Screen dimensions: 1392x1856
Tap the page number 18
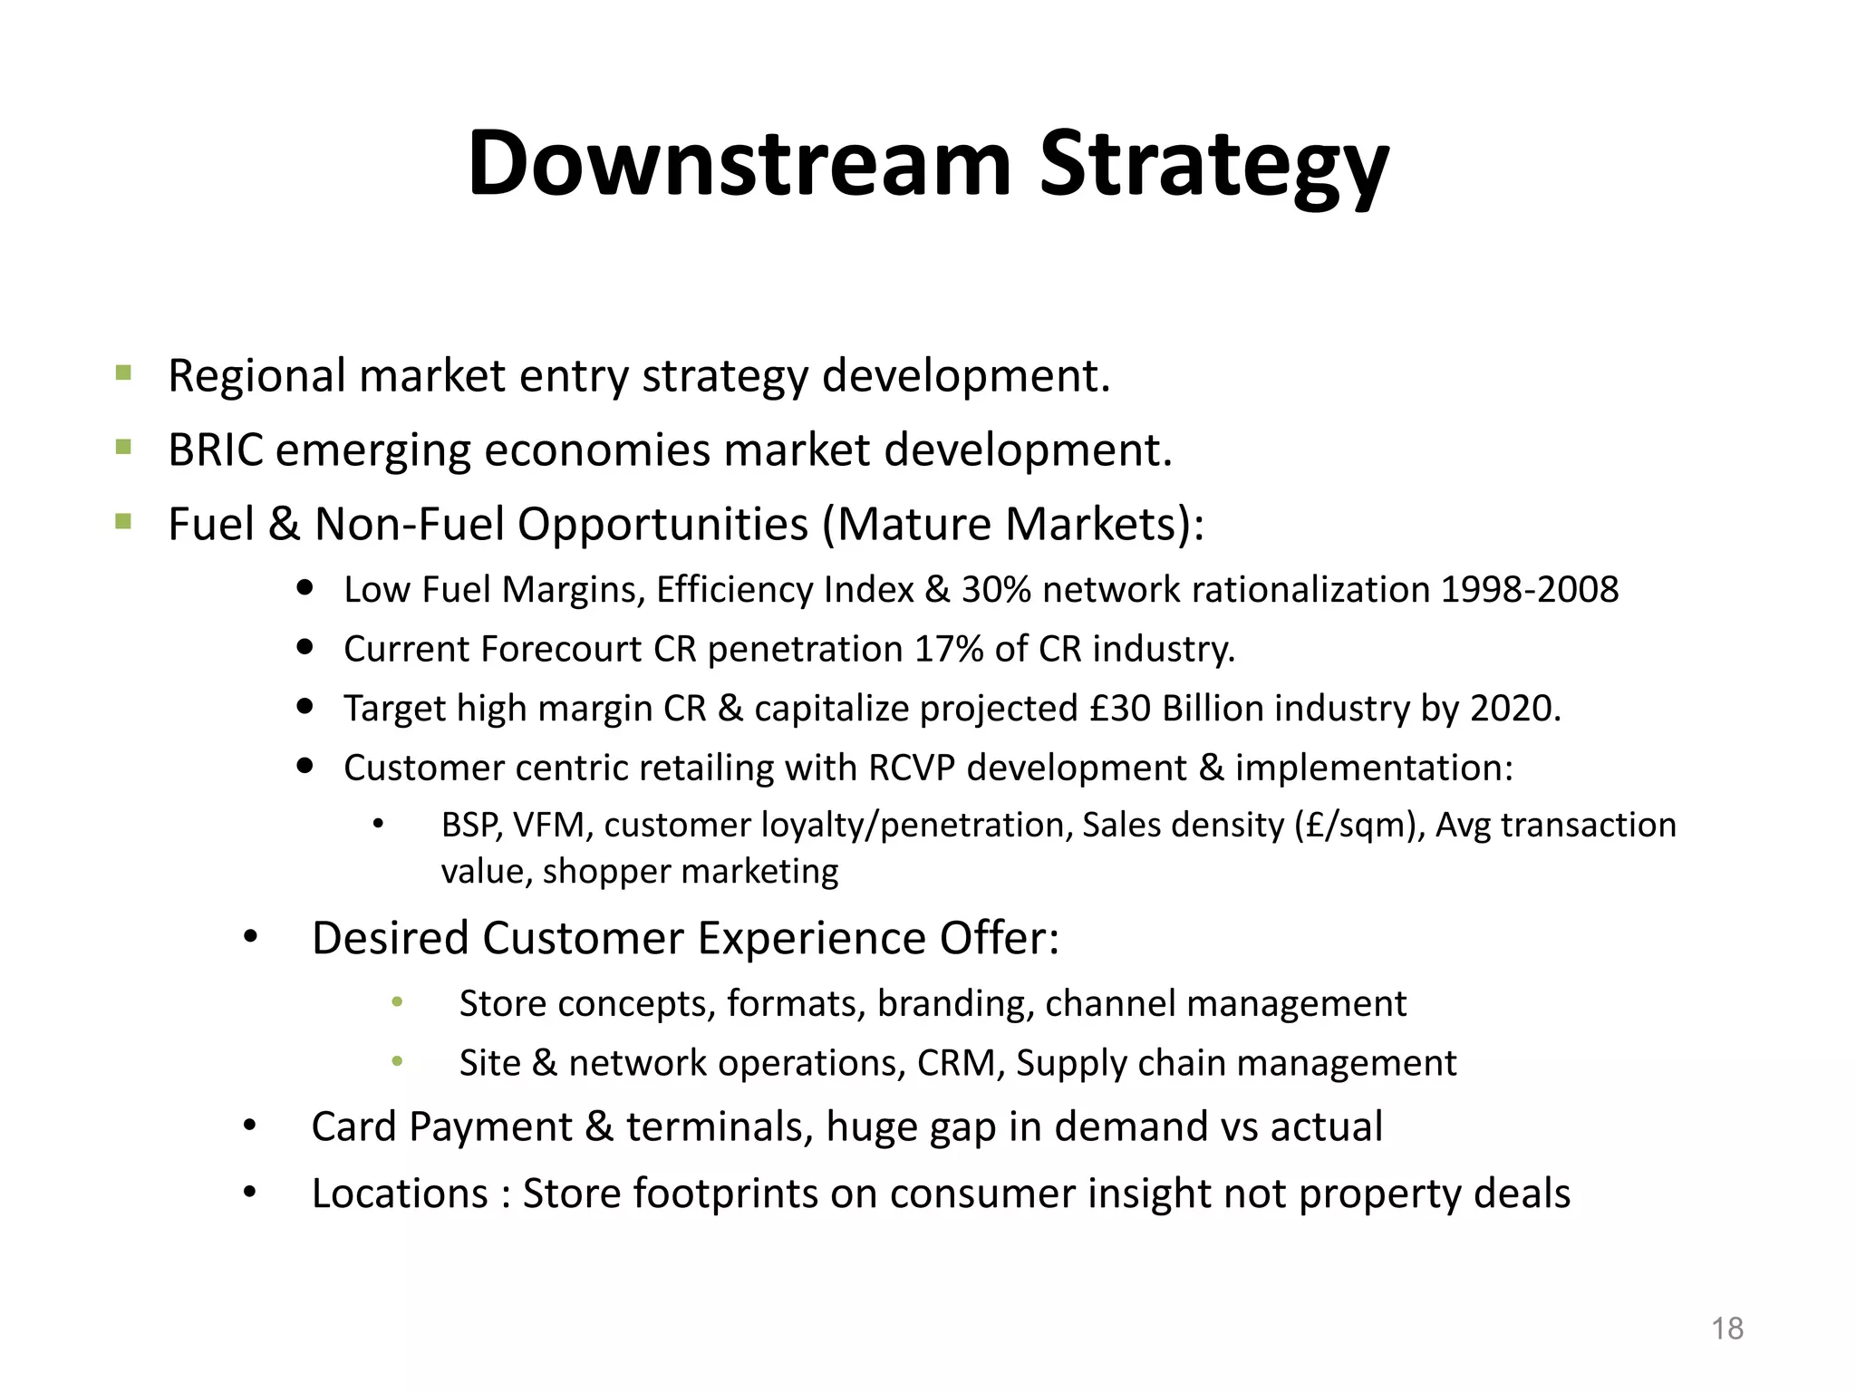(x=1727, y=1329)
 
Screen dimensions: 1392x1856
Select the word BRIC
(x=216, y=450)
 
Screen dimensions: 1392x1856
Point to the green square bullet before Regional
(x=124, y=372)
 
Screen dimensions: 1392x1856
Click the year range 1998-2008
(x=1529, y=590)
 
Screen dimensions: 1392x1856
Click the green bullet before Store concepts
(x=396, y=1002)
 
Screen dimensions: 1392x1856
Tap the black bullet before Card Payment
(x=250, y=1126)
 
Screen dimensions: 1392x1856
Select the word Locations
(x=400, y=1194)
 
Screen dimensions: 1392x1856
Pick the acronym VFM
(x=552, y=826)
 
